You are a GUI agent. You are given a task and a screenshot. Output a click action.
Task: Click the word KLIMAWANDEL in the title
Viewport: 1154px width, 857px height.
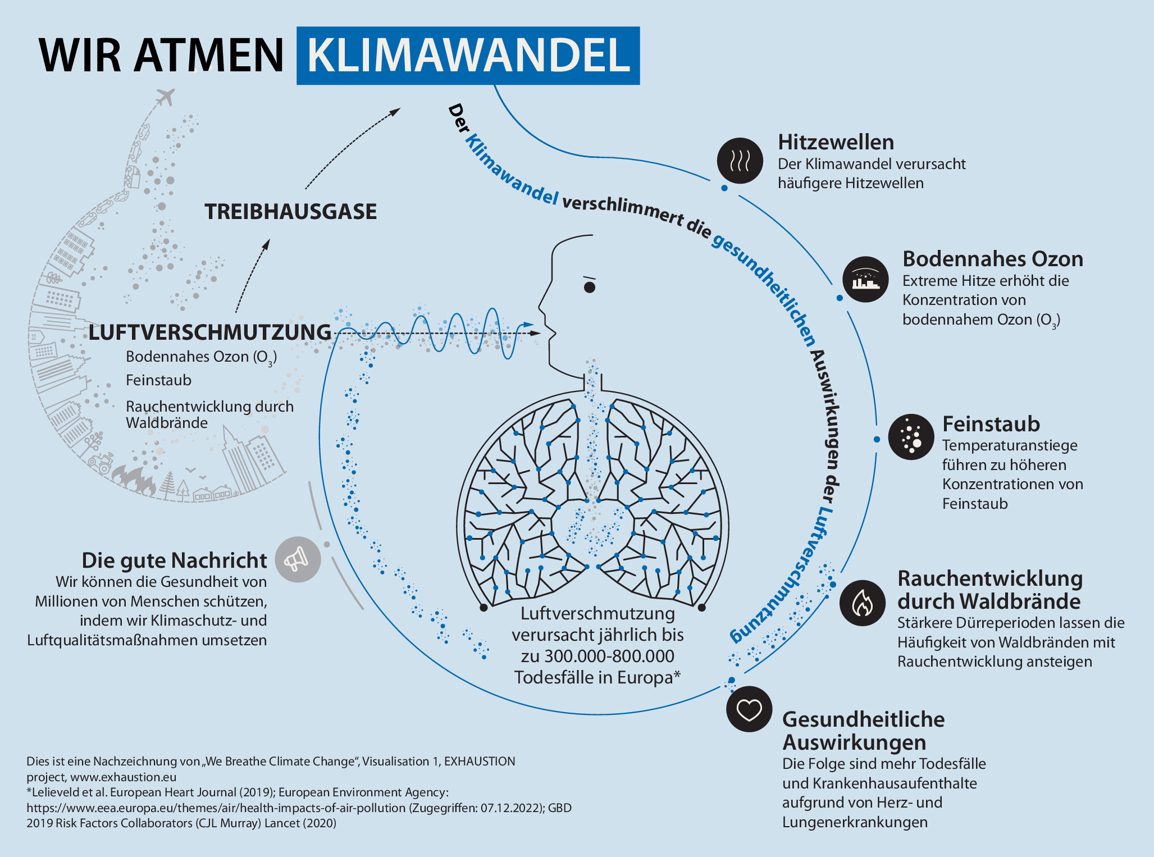click(x=468, y=56)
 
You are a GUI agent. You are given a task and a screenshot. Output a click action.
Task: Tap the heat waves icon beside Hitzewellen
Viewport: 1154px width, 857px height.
click(x=740, y=161)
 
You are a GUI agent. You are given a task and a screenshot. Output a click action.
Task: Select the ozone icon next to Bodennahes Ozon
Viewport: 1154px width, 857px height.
click(x=865, y=279)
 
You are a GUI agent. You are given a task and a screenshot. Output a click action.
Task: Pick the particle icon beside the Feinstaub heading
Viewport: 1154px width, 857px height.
click(x=911, y=437)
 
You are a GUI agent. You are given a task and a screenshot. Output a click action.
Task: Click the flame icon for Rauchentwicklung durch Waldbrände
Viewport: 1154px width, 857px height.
click(x=862, y=603)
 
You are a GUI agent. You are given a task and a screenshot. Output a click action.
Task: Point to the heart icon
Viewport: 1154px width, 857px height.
click(x=749, y=709)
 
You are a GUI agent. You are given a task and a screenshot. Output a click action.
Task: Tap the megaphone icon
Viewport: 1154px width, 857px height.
click(x=298, y=559)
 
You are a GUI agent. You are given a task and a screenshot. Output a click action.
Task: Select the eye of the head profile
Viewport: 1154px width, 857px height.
click(x=589, y=288)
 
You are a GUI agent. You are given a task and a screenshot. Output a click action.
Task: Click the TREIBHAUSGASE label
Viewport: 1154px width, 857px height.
click(x=290, y=212)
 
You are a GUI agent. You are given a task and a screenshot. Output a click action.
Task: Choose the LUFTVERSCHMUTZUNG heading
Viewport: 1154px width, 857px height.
click(x=210, y=332)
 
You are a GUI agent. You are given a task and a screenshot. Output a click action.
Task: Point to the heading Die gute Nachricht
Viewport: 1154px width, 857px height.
click(x=174, y=560)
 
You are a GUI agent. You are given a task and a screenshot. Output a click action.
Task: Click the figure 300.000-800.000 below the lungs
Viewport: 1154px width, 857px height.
click(x=609, y=656)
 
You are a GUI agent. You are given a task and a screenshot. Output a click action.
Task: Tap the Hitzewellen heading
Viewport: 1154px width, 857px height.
click(x=836, y=143)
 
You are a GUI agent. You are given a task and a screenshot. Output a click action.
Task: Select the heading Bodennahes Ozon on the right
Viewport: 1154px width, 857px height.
click(x=992, y=259)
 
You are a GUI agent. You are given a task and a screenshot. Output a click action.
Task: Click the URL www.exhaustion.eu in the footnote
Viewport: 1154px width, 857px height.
click(x=123, y=777)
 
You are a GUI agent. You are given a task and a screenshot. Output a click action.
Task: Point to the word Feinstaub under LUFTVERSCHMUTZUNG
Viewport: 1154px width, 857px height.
click(x=158, y=380)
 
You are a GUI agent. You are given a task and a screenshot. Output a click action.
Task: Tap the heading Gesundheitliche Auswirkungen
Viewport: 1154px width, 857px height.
click(x=863, y=731)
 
